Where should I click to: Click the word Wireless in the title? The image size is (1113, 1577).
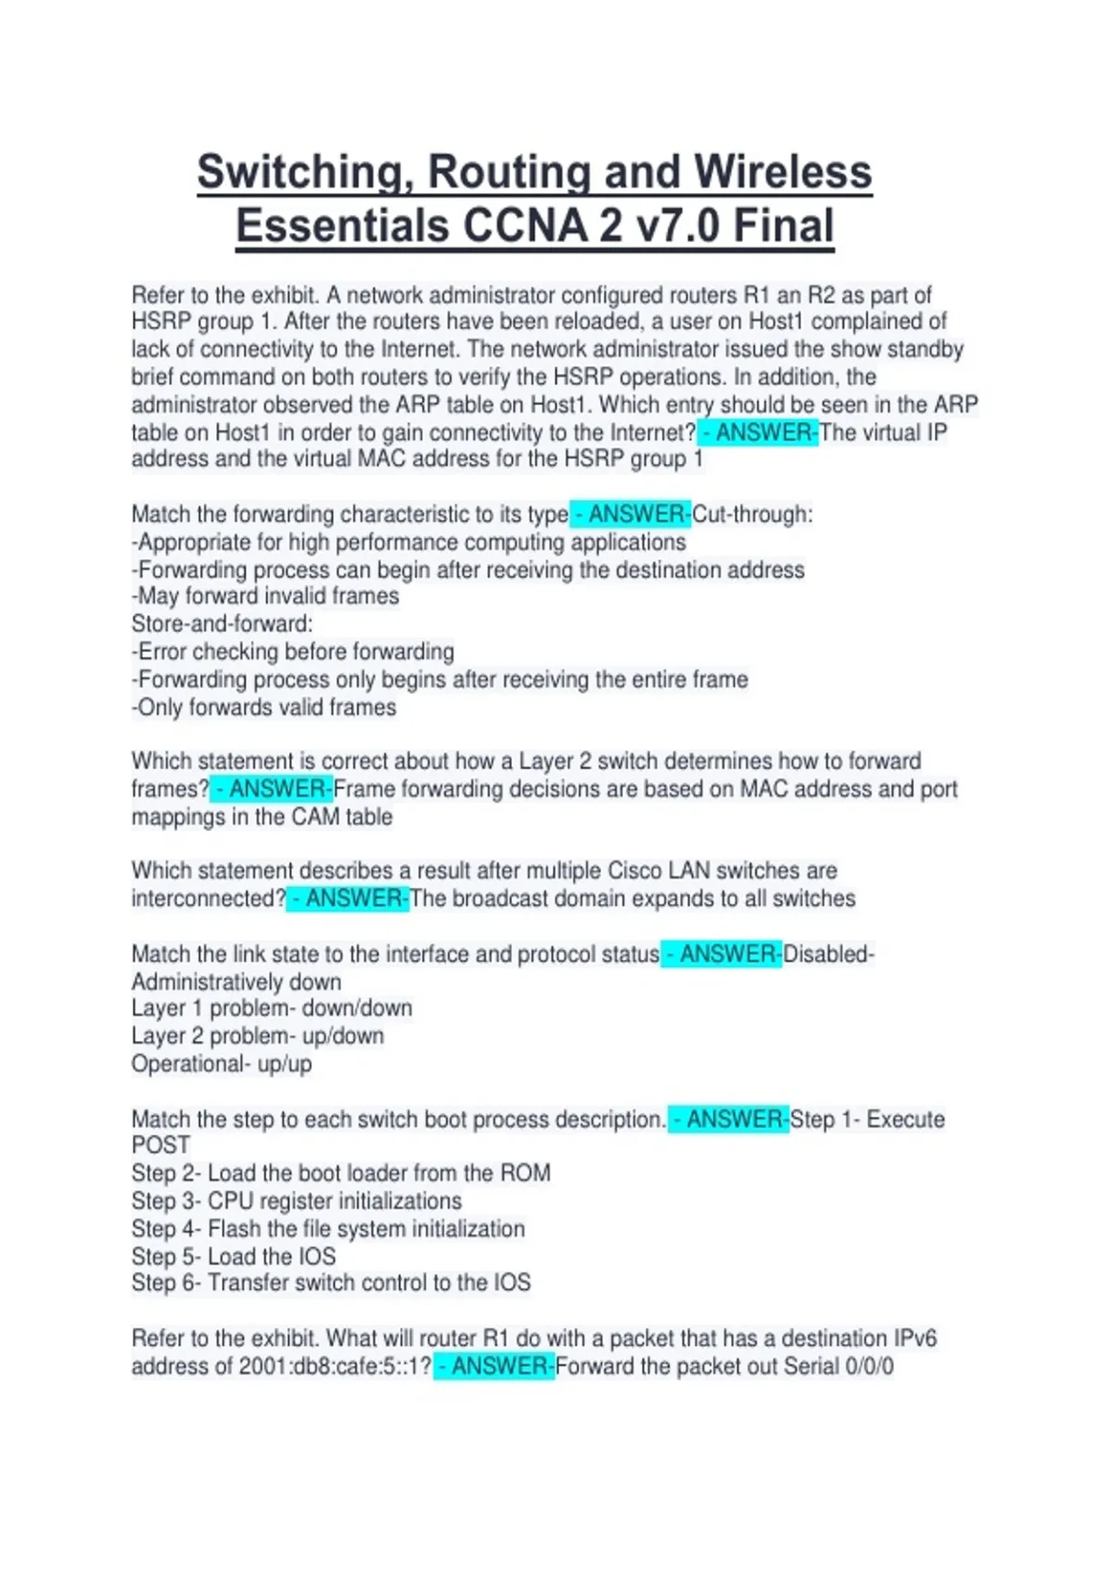tap(783, 173)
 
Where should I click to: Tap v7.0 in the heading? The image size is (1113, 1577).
tap(677, 226)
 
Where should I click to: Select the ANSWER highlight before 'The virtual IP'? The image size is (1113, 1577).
tap(759, 432)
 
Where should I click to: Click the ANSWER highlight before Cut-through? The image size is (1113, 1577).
tap(632, 514)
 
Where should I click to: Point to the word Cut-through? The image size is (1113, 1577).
tap(752, 514)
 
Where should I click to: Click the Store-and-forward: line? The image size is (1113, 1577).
tap(223, 623)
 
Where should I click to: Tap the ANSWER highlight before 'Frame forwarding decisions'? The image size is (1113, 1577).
tap(272, 788)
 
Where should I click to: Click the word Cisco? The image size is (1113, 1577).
tap(640, 870)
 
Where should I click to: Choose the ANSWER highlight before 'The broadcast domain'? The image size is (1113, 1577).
tap(348, 898)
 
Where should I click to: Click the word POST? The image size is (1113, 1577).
tap(160, 1146)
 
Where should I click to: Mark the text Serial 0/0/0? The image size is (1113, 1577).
tap(838, 1366)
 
